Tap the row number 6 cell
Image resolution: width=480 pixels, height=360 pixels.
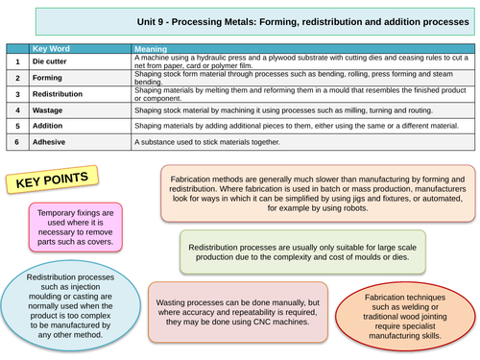pyautogui.click(x=16, y=142)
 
